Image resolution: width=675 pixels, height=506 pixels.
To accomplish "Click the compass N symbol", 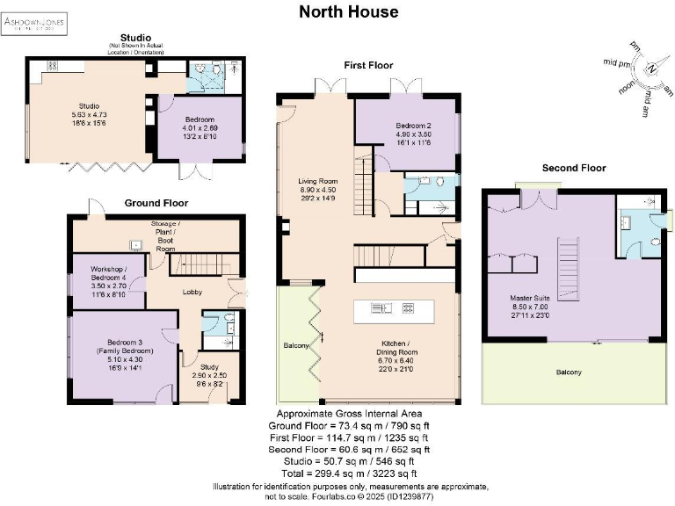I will tap(650, 70).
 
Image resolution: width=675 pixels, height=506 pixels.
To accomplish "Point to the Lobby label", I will tap(192, 293).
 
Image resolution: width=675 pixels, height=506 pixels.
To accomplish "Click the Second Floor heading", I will tap(573, 168).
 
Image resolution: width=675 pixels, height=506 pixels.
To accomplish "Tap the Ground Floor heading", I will tap(156, 203).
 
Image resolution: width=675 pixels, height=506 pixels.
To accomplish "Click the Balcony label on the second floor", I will tap(569, 372).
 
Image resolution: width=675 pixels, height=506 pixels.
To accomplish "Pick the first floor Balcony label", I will tap(296, 346).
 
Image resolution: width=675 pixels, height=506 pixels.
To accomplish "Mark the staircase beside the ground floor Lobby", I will tap(203, 264).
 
